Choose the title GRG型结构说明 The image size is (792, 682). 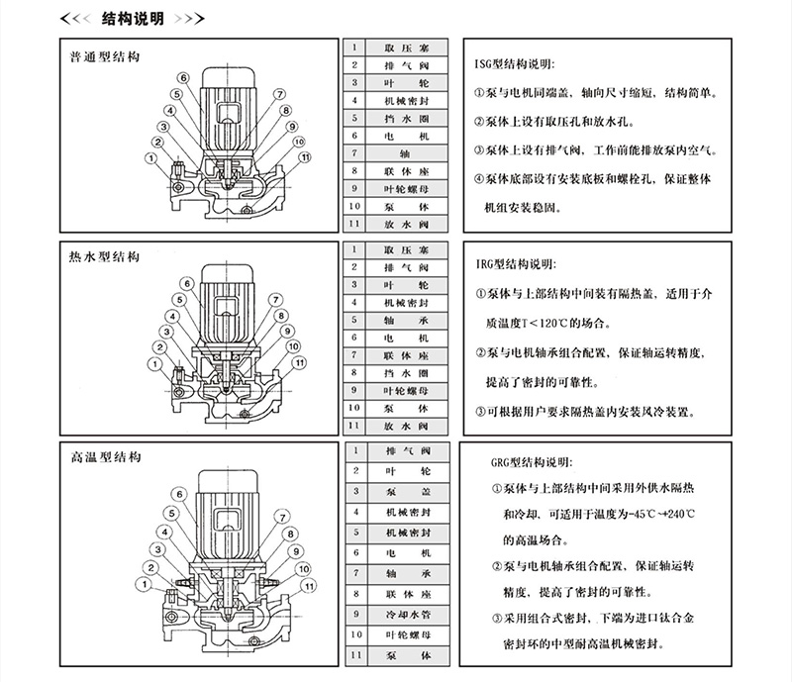(x=539, y=462)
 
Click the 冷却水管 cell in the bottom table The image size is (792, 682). (x=406, y=613)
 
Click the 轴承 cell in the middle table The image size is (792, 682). (x=406, y=321)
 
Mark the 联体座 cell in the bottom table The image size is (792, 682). (x=406, y=593)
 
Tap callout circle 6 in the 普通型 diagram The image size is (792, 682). (x=184, y=79)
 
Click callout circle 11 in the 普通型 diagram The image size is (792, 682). (x=307, y=157)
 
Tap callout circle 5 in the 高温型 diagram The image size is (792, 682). (x=170, y=511)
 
